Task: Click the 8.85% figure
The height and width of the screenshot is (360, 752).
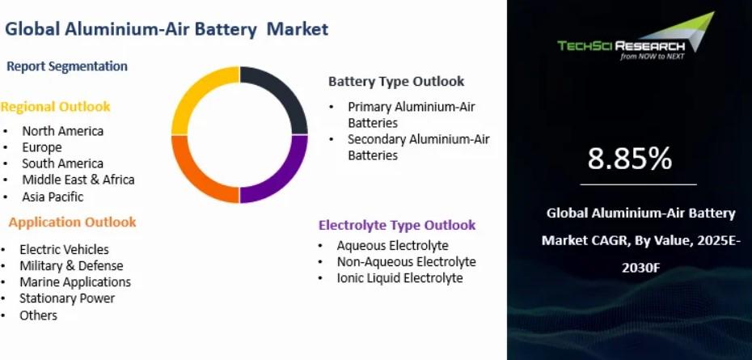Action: pyautogui.click(x=630, y=159)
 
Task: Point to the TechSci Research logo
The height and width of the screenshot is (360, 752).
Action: pyautogui.click(x=636, y=36)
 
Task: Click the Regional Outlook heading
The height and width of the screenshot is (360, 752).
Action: pyautogui.click(x=55, y=107)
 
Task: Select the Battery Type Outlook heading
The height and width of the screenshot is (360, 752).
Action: pyautogui.click(x=396, y=81)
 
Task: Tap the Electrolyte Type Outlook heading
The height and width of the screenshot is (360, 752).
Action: pyautogui.click(x=397, y=225)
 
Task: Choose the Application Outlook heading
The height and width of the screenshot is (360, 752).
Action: pyautogui.click(x=73, y=222)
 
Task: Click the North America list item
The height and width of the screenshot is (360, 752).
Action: pyautogui.click(x=63, y=130)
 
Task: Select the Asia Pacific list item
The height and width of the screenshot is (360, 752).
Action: pyautogui.click(x=53, y=197)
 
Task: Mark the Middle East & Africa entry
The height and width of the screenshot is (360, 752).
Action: pyautogui.click(x=78, y=180)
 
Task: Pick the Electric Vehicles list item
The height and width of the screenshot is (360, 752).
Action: pyautogui.click(x=64, y=250)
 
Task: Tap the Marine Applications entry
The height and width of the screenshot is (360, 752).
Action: pyautogui.click(x=75, y=282)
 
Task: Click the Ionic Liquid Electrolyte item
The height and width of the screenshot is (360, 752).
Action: pyautogui.click(x=400, y=278)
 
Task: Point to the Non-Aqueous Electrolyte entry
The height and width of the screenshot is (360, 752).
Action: pyautogui.click(x=407, y=261)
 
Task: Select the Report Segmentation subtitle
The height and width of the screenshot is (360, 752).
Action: pyautogui.click(x=67, y=66)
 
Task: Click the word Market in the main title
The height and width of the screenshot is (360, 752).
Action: pyautogui.click(x=298, y=29)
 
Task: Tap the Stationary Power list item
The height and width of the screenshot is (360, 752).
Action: pyautogui.click(x=67, y=298)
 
